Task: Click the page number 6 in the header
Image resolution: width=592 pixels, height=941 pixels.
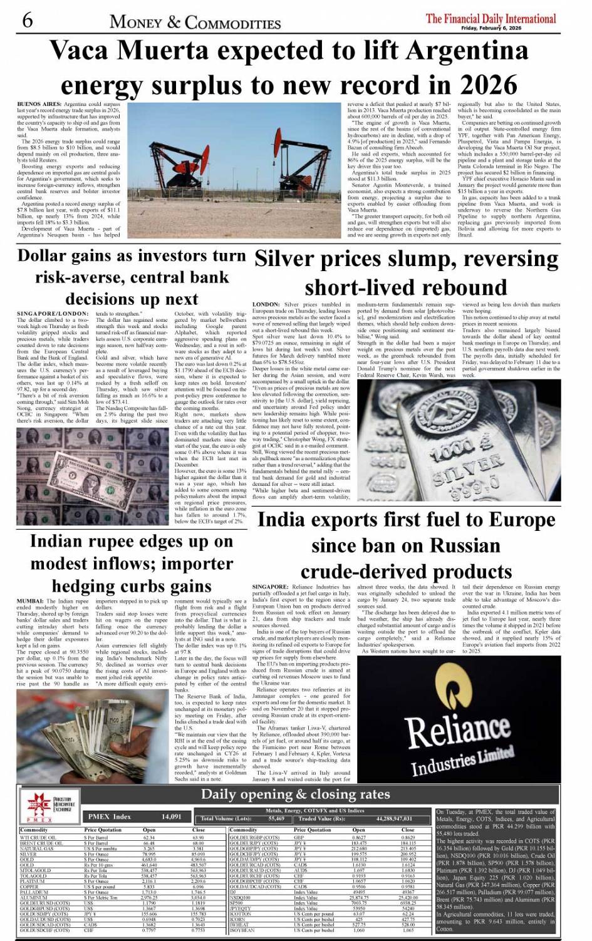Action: (x=27, y=20)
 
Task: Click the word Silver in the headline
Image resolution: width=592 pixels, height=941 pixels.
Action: (x=289, y=259)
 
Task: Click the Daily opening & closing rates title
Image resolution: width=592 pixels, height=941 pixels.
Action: (x=295, y=794)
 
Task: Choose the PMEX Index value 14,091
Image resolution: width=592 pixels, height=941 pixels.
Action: (x=171, y=816)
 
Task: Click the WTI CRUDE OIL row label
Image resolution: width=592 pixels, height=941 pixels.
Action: (x=38, y=837)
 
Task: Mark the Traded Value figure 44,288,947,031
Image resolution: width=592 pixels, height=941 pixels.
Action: (x=395, y=818)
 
